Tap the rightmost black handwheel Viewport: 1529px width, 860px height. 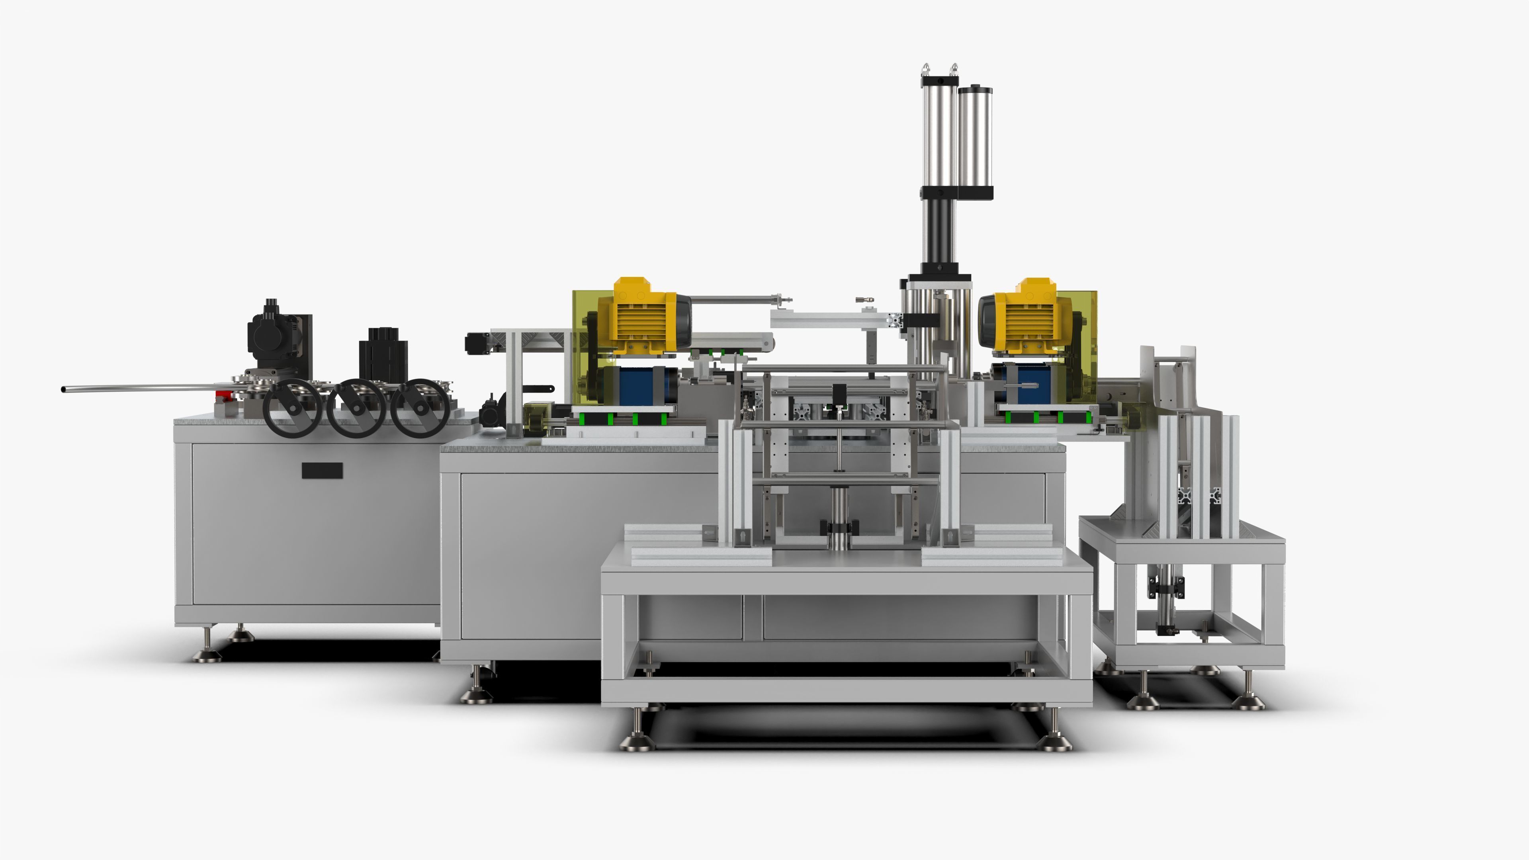[x=420, y=408]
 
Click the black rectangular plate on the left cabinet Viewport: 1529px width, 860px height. [x=322, y=471]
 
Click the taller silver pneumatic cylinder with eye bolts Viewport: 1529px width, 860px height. [x=940, y=133]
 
